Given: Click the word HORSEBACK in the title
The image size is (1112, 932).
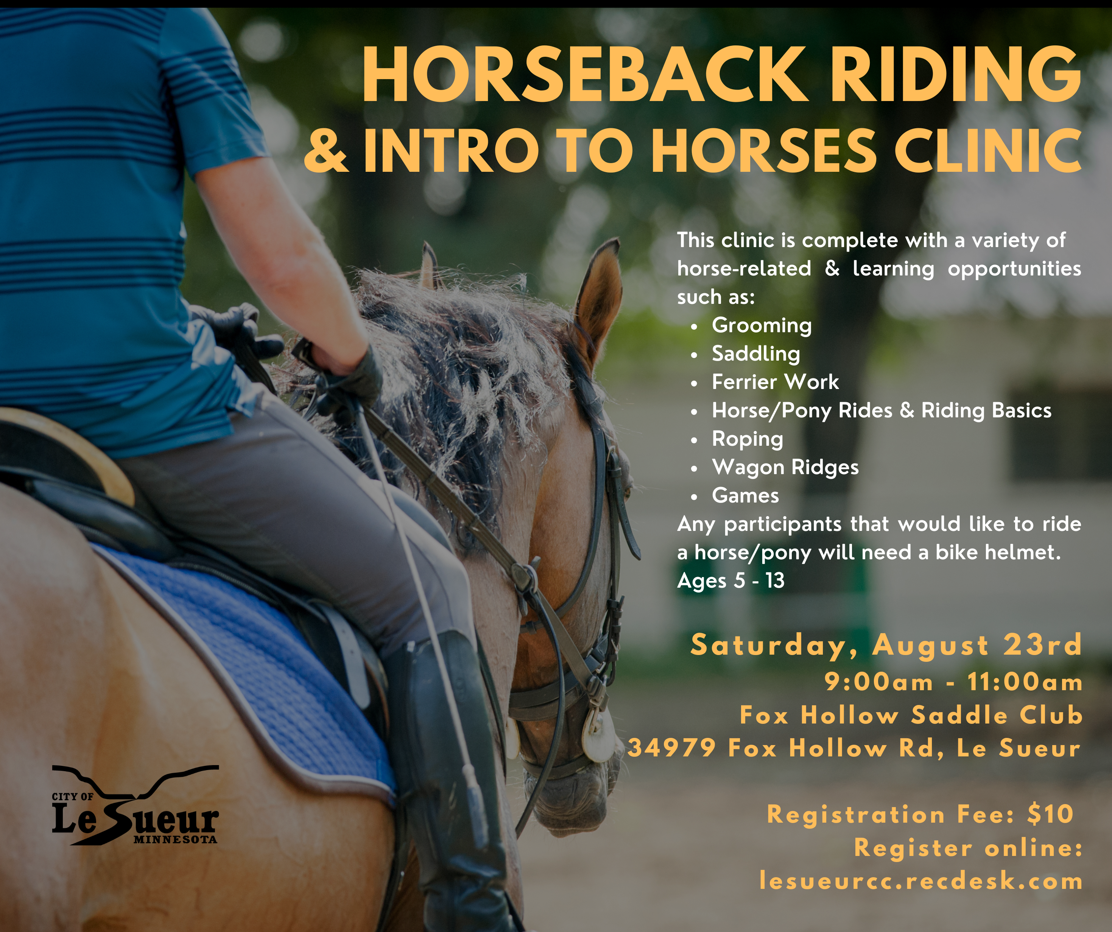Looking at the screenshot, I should coord(585,74).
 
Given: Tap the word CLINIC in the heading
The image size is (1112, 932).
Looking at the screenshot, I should coord(987,151).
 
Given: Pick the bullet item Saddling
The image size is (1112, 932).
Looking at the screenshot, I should coord(755,354).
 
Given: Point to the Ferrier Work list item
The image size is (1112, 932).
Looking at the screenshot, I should coord(775,382).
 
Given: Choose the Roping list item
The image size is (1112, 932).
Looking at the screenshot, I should coord(747,439).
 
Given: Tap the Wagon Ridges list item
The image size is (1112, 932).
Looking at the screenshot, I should coord(785,468).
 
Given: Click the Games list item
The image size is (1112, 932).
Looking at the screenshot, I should coord(745,496).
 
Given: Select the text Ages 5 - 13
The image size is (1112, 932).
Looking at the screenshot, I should coord(731,581).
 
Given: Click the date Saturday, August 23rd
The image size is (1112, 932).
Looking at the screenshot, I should coord(886,646).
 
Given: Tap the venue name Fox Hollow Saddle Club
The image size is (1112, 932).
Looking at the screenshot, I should coord(911,716).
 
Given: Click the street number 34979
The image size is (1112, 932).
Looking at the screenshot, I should coord(671,748).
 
